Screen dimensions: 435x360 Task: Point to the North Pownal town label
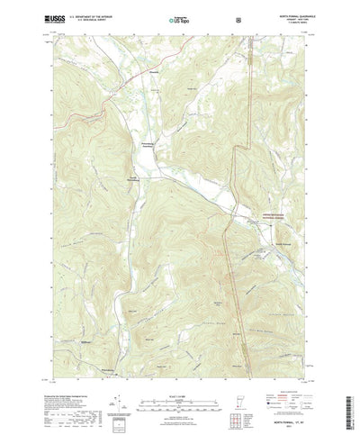pos(282,241)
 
